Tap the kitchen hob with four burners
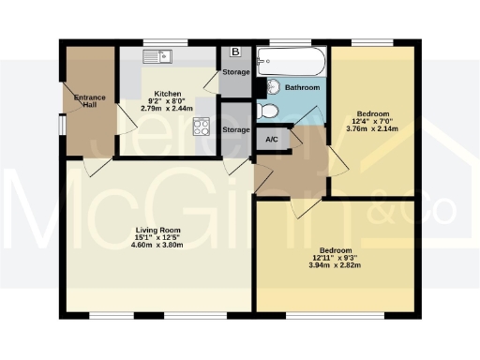200,127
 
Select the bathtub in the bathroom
292,64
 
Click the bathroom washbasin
273,87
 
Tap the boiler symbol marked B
234,52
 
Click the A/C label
272,140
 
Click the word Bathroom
302,87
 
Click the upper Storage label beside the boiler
235,71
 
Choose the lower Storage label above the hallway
235,129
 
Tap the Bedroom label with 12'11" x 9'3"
336,250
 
